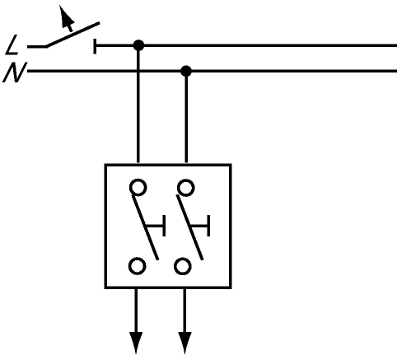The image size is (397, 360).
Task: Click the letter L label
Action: tap(12, 44)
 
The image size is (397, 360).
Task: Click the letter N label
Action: tap(15, 72)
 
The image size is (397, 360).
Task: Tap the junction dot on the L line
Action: tap(138, 45)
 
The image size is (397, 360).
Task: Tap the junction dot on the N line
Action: tap(186, 71)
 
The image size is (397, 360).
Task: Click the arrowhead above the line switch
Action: tap(66, 16)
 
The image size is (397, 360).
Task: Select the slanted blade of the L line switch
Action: tap(72, 35)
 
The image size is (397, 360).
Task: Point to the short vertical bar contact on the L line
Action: tap(95, 46)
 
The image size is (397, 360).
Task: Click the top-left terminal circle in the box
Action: tap(138, 187)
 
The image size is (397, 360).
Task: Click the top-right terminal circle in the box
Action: tap(186, 188)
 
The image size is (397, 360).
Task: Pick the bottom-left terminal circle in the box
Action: tap(137, 266)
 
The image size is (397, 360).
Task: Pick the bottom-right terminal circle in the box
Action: tap(183, 266)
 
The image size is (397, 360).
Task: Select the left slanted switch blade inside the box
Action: tap(145, 227)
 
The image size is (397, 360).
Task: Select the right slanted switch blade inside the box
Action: tap(190, 227)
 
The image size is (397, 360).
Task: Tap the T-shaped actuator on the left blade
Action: tap(156, 226)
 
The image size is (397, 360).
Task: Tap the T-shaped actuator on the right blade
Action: tap(201, 226)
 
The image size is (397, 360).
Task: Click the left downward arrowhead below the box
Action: tap(136, 342)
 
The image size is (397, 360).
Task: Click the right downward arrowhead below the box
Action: tap(184, 342)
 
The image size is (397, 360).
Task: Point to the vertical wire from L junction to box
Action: tap(138, 105)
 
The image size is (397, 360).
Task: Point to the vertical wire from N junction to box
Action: tap(186, 118)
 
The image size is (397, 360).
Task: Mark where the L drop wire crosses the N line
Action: tap(138, 71)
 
